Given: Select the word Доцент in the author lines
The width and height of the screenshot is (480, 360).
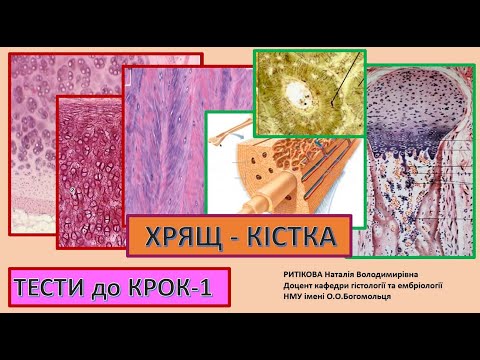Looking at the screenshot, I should [x=302, y=284].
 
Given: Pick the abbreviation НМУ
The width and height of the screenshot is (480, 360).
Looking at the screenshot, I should [x=295, y=296].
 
